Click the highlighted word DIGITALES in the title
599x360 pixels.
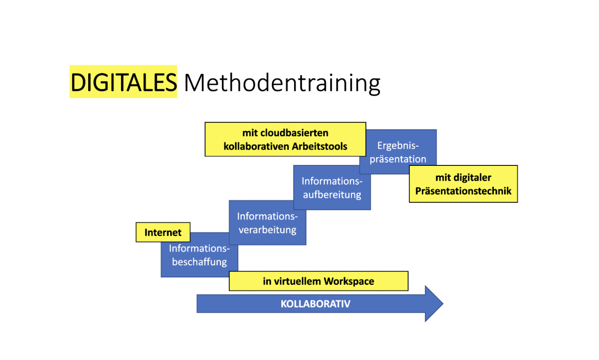[x=123, y=82]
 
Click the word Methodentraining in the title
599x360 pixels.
[x=282, y=84]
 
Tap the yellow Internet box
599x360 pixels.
[x=163, y=232]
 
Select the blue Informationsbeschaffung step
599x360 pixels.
[x=199, y=255]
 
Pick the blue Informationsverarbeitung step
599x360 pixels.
[x=268, y=223]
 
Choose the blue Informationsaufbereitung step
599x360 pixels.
[x=332, y=187]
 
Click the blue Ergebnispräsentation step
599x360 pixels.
[x=398, y=152]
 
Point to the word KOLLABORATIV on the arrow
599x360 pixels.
[x=316, y=304]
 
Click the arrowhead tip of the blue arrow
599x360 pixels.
[x=443, y=304]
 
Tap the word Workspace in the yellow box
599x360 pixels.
[x=349, y=282]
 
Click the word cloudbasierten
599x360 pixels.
[x=294, y=133]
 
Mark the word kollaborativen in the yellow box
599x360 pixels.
[x=256, y=147]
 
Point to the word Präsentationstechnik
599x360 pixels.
[x=463, y=191]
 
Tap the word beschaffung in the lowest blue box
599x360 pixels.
[x=199, y=262]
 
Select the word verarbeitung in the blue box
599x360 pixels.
[x=268, y=230]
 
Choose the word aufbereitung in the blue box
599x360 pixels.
[x=332, y=195]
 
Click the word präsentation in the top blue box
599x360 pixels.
[x=398, y=159]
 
